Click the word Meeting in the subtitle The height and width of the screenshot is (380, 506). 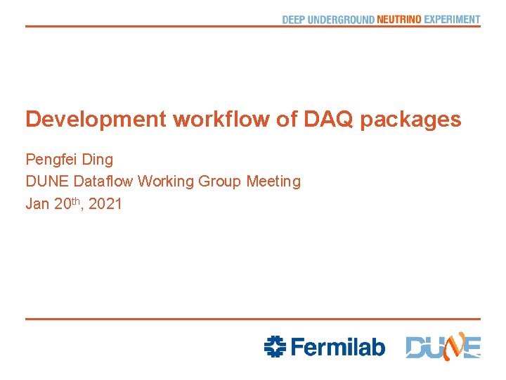point(273,182)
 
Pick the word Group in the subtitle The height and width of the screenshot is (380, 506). point(220,182)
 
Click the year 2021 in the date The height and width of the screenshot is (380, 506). point(105,204)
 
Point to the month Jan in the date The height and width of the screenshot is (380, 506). point(37,204)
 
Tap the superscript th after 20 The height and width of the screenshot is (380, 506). point(79,200)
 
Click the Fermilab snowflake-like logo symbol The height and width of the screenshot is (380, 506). point(275,346)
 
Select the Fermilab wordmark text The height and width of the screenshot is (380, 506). point(337,346)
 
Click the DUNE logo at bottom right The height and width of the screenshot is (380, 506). point(443,346)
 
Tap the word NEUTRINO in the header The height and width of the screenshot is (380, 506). point(399,20)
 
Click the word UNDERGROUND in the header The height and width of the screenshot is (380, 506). point(341,20)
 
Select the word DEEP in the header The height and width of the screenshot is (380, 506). point(294,20)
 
